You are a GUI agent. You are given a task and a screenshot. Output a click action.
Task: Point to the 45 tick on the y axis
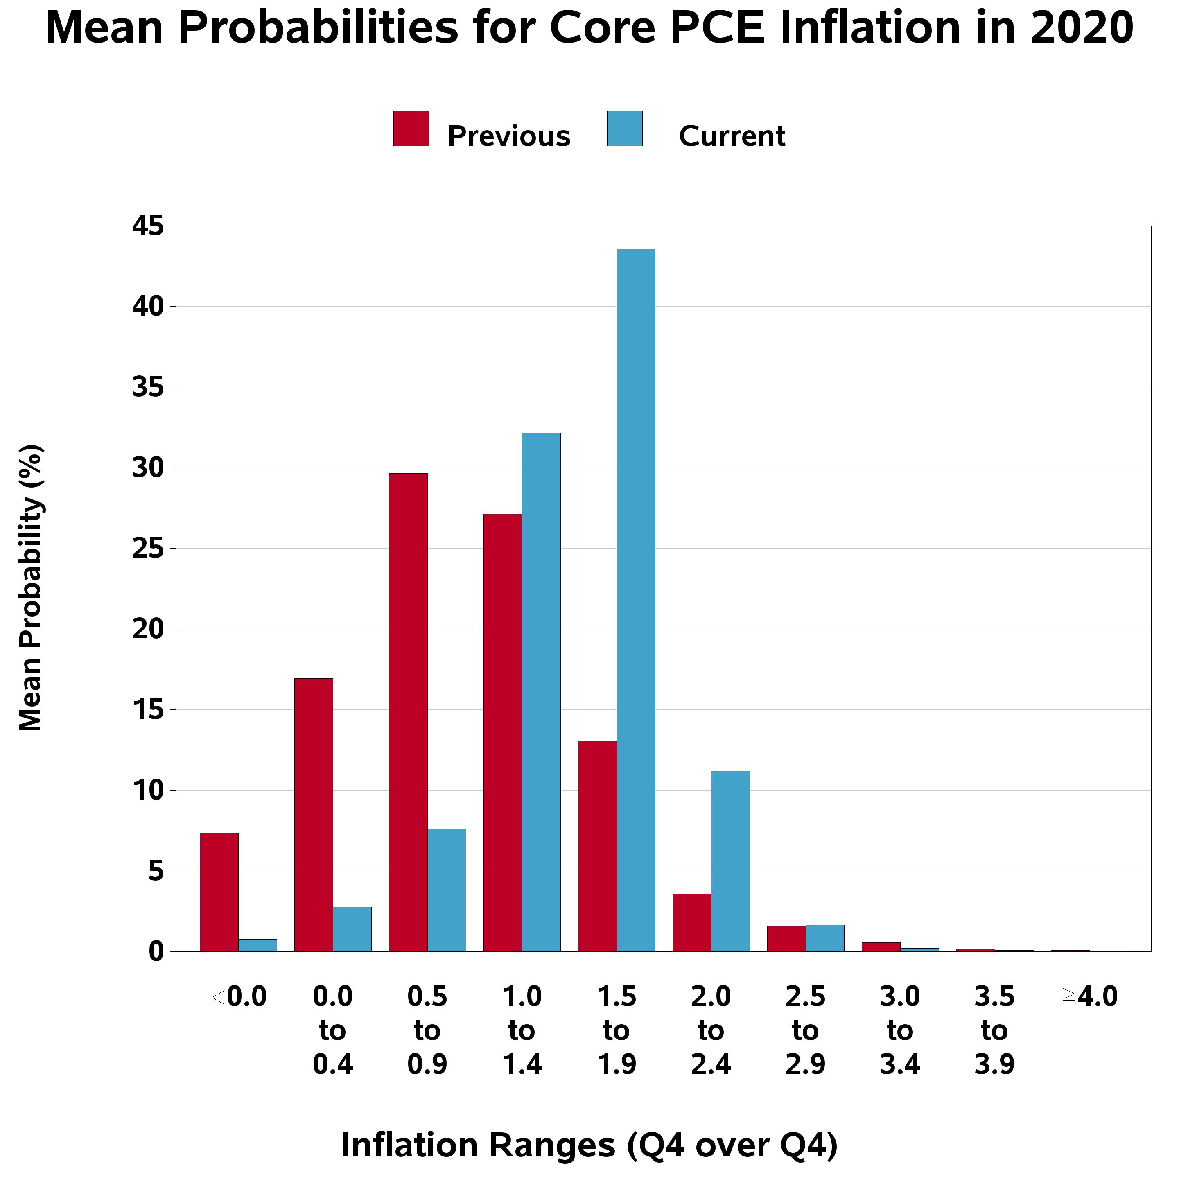(148, 226)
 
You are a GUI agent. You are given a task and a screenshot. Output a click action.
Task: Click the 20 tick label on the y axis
(148, 629)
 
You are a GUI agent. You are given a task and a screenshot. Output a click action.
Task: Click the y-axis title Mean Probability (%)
(31, 588)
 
